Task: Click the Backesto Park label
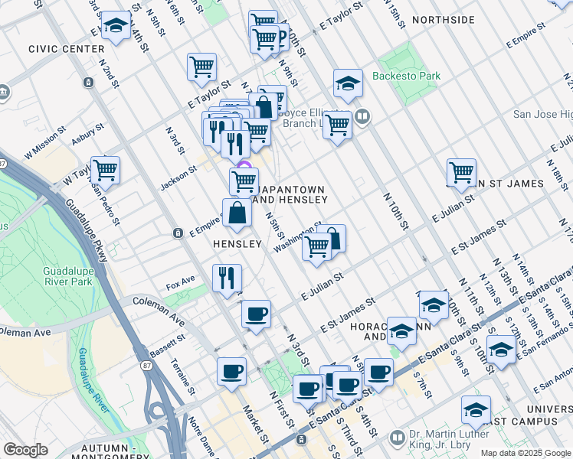click(x=406, y=76)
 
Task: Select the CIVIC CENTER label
click(x=66, y=49)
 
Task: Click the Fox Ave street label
click(x=181, y=283)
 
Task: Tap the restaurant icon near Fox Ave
click(x=227, y=278)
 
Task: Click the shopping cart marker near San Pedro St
click(x=105, y=170)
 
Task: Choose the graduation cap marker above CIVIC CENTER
click(x=116, y=24)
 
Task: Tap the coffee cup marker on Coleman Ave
click(x=256, y=314)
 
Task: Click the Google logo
click(x=25, y=450)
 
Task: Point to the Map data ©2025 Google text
click(x=526, y=453)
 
